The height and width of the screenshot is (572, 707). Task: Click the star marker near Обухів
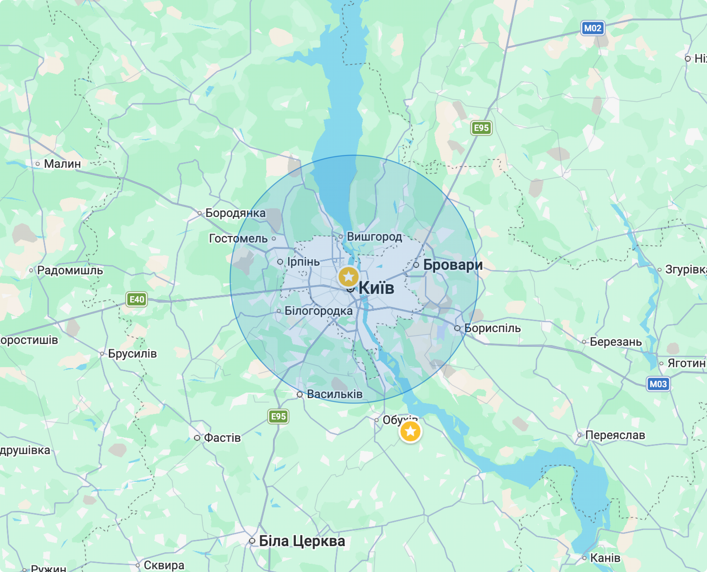point(410,431)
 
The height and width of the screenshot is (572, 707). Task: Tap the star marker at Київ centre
point(348,277)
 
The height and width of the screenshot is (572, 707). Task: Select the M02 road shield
point(592,28)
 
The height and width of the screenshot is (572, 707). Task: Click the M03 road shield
point(658,384)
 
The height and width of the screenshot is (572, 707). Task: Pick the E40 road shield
point(137,299)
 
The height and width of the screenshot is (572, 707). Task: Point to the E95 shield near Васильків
point(278,417)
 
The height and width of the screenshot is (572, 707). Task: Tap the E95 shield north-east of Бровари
point(481,128)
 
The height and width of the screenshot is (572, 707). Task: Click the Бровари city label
point(453,265)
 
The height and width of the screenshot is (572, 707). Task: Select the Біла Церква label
point(302,541)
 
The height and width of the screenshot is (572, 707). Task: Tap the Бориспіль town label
point(492,328)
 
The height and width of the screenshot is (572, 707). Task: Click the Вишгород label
point(374,236)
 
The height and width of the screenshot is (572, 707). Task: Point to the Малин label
point(62,164)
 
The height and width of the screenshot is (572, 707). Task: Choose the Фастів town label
point(222,438)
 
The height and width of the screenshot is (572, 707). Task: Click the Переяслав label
point(615,435)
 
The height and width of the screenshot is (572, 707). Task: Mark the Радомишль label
point(70,270)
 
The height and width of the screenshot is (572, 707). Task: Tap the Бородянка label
point(235,213)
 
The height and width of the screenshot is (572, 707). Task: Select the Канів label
point(605,558)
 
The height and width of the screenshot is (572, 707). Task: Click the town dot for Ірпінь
point(280,262)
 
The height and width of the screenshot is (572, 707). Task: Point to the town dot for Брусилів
point(102,354)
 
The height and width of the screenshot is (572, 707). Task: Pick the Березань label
point(616,342)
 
